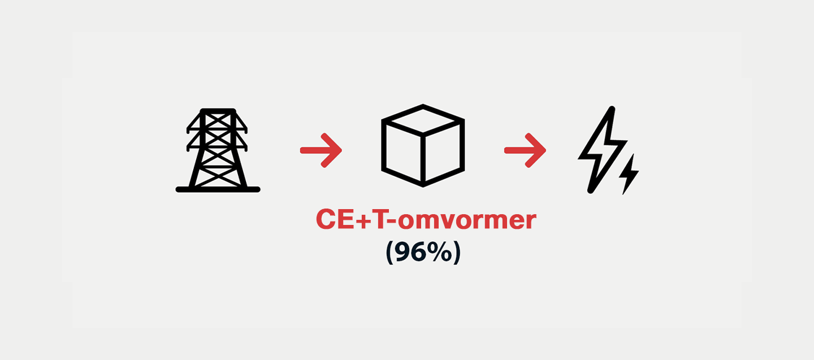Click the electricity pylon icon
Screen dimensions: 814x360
218,150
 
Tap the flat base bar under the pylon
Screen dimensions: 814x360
218,189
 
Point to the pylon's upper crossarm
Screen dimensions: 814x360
217,129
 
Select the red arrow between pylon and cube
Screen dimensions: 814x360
321,150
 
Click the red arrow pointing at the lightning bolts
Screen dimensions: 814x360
525,150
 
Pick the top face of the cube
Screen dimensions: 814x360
423,120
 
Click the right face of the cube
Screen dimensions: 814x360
443,153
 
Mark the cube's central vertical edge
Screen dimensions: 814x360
423,158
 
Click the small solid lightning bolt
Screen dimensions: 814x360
629,174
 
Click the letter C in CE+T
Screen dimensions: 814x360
326,219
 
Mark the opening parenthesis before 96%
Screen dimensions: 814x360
390,253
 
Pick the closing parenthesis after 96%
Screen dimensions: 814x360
457,253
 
